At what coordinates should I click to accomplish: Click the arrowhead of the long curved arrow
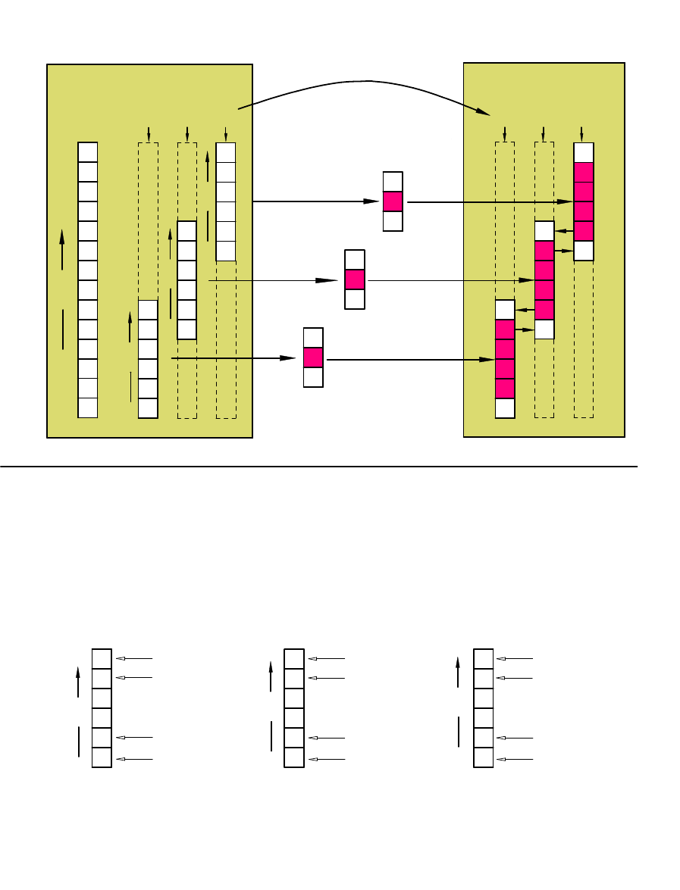[x=486, y=113]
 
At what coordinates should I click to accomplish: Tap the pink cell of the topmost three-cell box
[x=392, y=201]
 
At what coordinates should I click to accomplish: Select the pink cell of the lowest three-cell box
[x=313, y=358]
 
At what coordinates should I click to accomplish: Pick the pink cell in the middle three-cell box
[x=355, y=279]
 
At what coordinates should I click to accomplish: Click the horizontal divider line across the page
[x=318, y=467]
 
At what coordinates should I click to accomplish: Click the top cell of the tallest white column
[x=88, y=151]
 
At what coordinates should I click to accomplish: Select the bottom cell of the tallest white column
[x=88, y=408]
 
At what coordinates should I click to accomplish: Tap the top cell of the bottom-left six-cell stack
[x=102, y=659]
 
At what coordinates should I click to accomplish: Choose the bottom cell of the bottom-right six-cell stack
[x=483, y=757]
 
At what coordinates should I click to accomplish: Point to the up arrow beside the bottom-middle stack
[x=271, y=676]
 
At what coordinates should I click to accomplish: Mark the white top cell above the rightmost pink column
[x=583, y=152]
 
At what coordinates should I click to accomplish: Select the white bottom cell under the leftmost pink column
[x=505, y=408]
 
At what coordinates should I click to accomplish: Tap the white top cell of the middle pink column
[x=544, y=231]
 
